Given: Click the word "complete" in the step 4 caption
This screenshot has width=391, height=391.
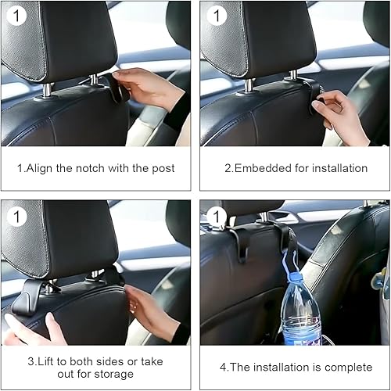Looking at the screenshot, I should [342, 367].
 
